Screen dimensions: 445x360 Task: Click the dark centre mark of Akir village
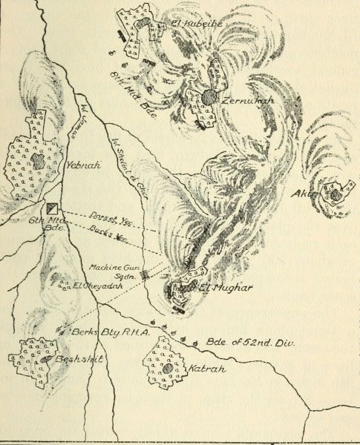click(x=336, y=195)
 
